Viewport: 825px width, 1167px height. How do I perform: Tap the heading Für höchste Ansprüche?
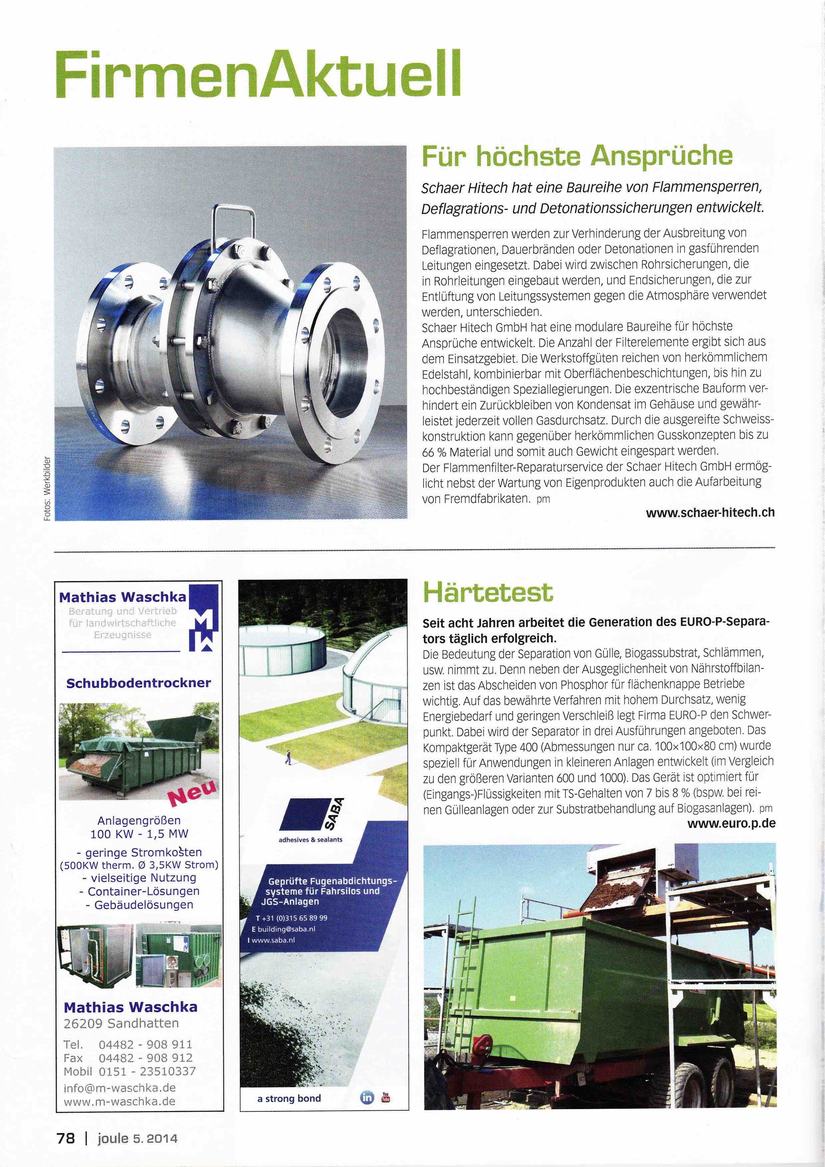[x=577, y=156]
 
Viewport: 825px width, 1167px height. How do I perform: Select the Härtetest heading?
[x=488, y=592]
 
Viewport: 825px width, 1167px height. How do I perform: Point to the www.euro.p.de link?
[x=731, y=823]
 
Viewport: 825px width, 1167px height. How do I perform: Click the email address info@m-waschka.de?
[x=120, y=1088]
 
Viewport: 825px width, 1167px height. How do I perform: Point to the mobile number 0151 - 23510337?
[x=147, y=1071]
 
